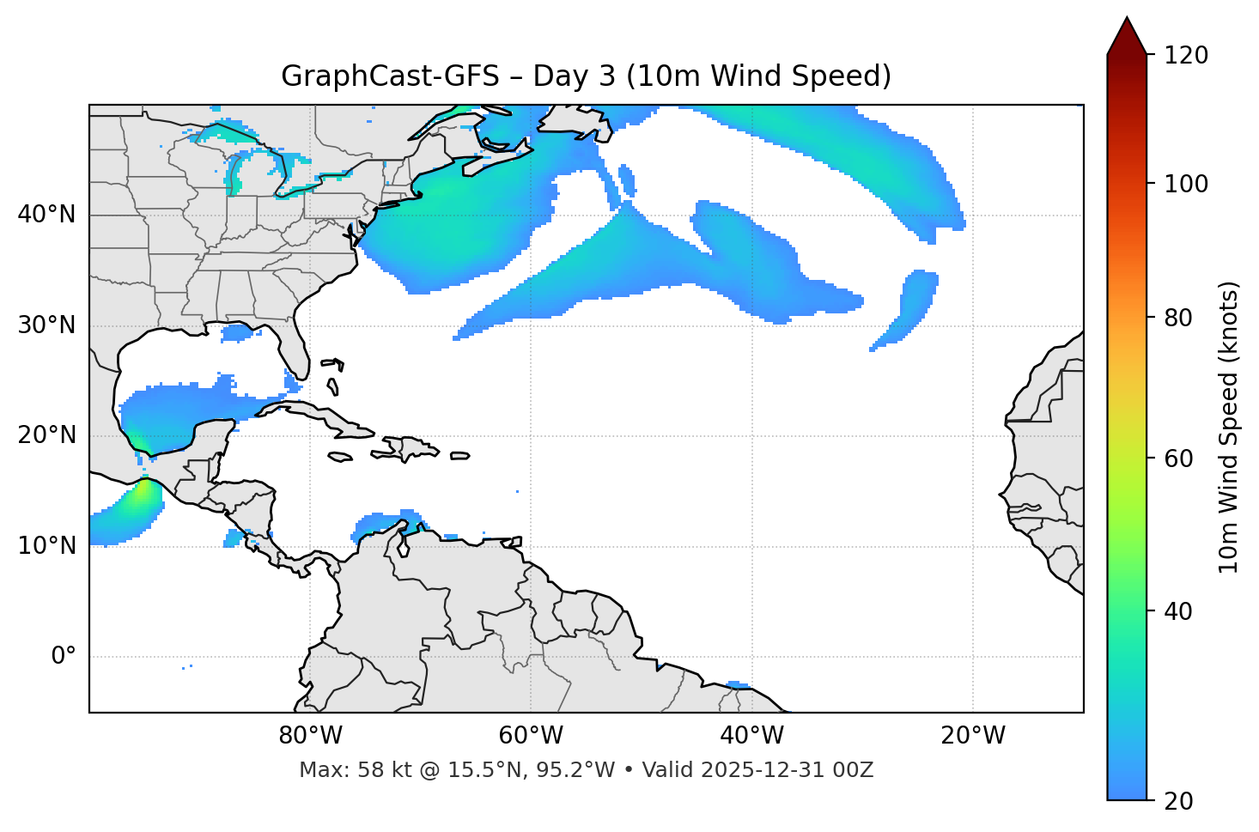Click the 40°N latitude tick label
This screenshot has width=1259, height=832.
[46, 214]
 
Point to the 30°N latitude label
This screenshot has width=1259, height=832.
[46, 325]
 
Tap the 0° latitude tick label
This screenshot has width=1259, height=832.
[64, 657]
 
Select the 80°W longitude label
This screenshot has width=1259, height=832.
[310, 736]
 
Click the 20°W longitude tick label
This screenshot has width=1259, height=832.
[972, 736]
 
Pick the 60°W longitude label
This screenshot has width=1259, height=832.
[531, 736]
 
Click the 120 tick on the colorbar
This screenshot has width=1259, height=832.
[1185, 55]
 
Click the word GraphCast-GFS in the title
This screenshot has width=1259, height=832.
[390, 76]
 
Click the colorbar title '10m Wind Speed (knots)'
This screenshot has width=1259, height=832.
[1229, 427]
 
